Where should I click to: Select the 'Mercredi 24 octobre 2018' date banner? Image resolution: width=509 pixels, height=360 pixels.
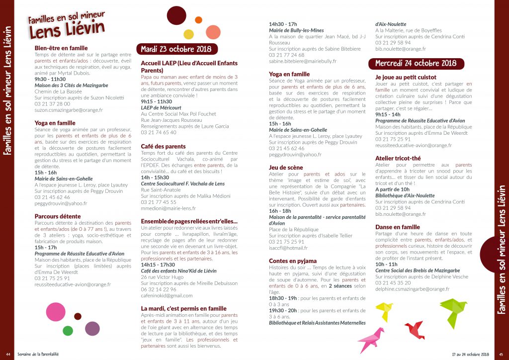click(416, 63)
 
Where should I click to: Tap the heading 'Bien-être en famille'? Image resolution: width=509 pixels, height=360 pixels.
click(61, 48)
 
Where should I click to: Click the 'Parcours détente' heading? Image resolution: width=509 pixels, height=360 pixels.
click(58, 216)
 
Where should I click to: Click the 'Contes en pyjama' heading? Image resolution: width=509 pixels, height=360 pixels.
click(293, 261)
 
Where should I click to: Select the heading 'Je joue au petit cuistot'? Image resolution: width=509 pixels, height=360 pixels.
click(406, 78)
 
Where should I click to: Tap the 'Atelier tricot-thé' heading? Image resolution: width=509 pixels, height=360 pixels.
click(399, 159)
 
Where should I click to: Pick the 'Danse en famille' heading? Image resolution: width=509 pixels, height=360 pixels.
click(397, 227)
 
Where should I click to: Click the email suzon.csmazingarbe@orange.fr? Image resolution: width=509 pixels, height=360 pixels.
click(69, 110)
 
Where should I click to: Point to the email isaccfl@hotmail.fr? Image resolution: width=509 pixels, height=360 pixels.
click(288, 248)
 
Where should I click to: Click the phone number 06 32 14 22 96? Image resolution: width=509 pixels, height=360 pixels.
click(159, 290)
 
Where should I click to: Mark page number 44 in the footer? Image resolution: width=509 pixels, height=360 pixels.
click(8, 354)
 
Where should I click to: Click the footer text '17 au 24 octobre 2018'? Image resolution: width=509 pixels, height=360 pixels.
click(471, 354)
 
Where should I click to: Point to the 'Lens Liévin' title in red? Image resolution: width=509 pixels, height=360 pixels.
click(66, 30)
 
